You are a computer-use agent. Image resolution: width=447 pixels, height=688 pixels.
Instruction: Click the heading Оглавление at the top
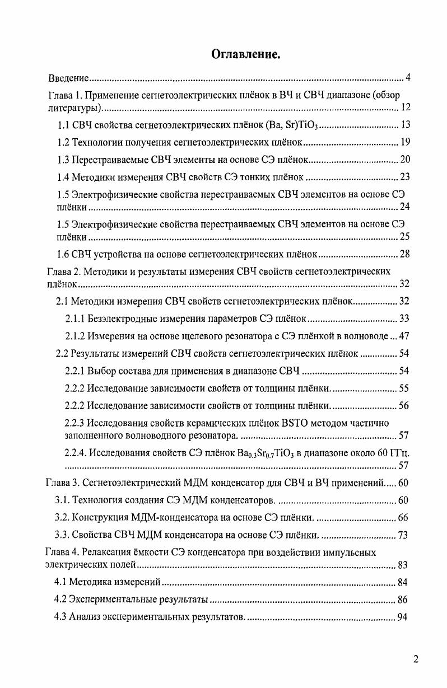point(245,54)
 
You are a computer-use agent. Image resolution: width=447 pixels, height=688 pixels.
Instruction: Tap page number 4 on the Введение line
point(408,77)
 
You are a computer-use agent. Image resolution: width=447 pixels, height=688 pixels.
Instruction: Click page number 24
point(405,208)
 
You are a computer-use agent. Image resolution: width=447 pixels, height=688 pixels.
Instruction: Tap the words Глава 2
point(63,272)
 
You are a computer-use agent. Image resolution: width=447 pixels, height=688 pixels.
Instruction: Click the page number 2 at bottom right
point(416,659)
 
